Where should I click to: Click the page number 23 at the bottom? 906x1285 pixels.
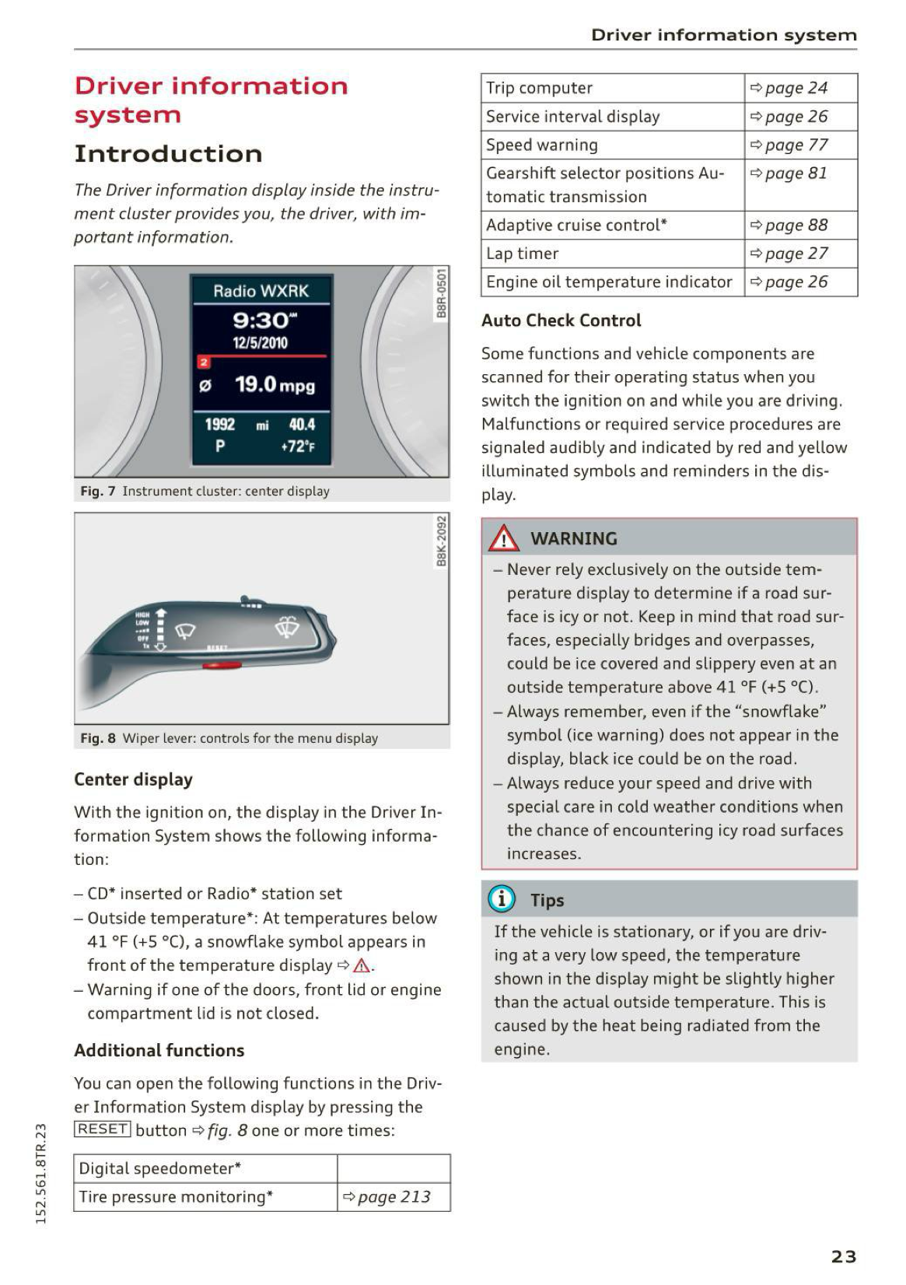[x=844, y=1256]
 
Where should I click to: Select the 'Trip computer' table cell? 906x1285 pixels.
[x=539, y=88]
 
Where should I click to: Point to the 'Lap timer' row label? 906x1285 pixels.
[x=523, y=254]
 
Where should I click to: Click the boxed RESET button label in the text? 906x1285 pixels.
[x=103, y=1129]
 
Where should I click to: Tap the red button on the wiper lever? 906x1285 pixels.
[x=222, y=666]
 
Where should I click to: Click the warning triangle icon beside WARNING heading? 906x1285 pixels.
[x=504, y=538]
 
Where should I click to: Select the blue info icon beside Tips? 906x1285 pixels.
[x=502, y=899]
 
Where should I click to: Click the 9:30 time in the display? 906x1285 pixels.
[x=261, y=320]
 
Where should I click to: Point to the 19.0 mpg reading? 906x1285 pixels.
[x=275, y=384]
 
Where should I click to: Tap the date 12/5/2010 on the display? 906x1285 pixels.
[x=261, y=343]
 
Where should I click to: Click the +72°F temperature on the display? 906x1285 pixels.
[x=297, y=447]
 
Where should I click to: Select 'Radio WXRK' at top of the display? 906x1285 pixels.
[x=261, y=291]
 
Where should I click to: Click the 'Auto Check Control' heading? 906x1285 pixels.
[x=561, y=320]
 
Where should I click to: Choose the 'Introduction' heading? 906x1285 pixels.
[x=168, y=154]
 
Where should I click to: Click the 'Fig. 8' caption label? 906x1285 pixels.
[x=98, y=738]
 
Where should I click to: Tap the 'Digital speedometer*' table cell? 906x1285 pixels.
[x=160, y=1168]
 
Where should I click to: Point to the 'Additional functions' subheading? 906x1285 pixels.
[x=159, y=1050]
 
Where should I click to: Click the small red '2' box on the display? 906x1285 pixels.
[x=204, y=362]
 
